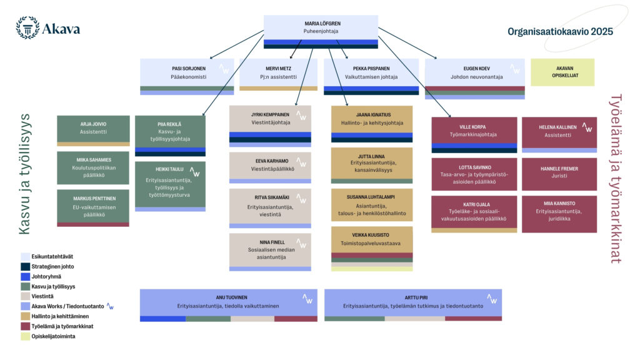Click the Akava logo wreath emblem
coord(27,28)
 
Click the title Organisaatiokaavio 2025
coord(559,31)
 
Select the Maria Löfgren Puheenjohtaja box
coord(321,28)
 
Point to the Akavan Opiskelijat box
coord(562,72)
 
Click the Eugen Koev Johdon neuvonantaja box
coord(466,73)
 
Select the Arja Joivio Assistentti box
coord(93,128)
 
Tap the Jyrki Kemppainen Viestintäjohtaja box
coord(270,119)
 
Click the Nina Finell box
coord(270,250)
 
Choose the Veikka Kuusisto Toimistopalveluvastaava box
coord(372,239)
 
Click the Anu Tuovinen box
coord(229,302)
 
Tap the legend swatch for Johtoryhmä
coord(25,276)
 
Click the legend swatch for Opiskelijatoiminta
coord(25,336)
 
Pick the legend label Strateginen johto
coord(54,266)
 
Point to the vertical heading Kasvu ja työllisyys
coord(24,174)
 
